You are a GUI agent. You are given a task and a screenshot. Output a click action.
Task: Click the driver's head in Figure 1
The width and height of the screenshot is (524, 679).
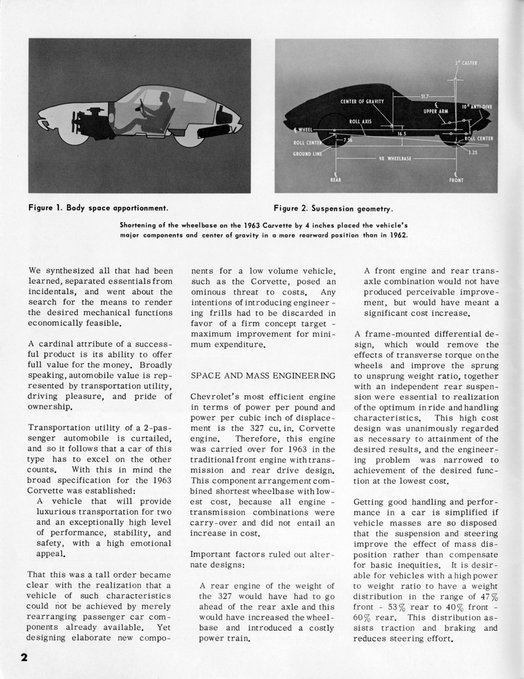pos(164,98)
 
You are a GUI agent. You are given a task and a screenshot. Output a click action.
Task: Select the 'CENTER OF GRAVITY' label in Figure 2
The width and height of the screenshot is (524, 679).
pos(362,101)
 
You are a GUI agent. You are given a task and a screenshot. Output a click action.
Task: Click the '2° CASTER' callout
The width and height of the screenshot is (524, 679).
pos(467,63)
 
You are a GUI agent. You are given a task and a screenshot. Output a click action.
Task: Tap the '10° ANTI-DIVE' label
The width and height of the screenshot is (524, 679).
pos(476,105)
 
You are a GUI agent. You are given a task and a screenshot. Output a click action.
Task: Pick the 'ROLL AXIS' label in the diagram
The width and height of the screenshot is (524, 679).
pos(361,122)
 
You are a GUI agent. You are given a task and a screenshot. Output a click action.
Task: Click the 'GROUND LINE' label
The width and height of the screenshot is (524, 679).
pos(307,153)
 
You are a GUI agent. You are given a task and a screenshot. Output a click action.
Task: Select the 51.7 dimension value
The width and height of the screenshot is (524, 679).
pos(425,96)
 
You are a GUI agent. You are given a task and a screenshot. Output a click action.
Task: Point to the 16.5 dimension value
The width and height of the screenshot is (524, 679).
pos(401,133)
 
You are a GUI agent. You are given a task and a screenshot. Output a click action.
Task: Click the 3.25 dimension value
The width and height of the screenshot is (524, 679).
pos(472,152)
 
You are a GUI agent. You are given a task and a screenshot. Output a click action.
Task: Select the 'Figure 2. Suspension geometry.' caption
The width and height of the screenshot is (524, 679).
pos(334,208)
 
